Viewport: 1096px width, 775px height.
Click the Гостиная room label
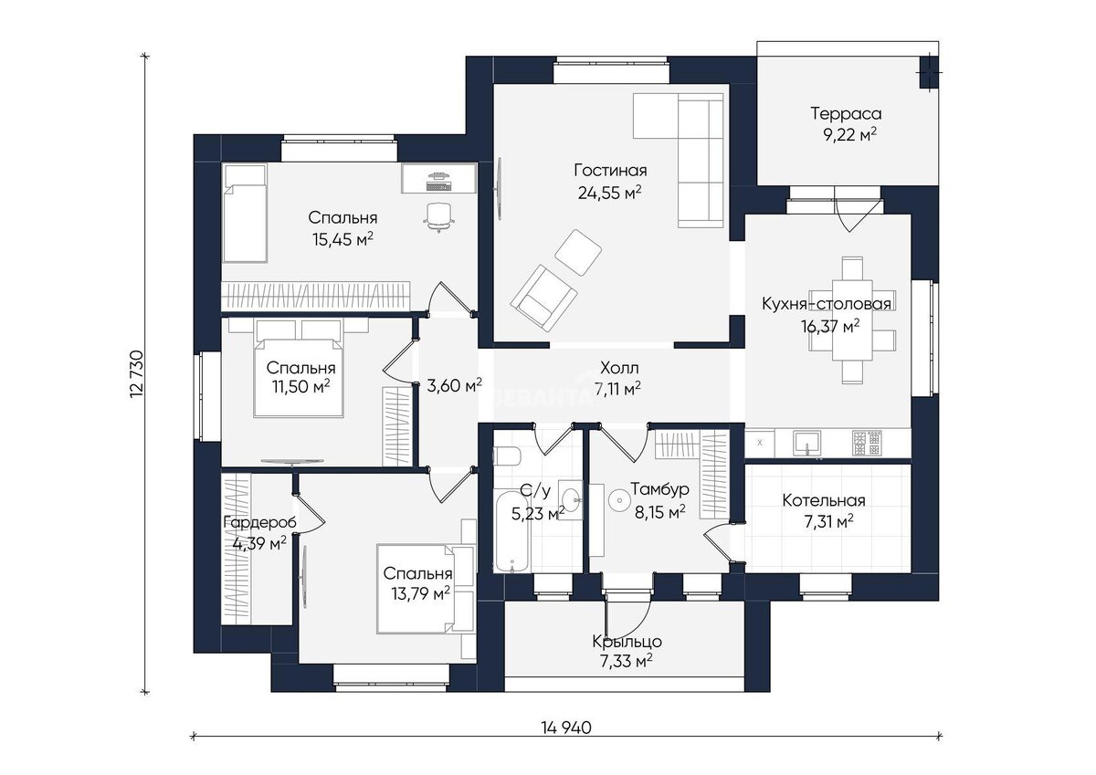[x=610, y=171]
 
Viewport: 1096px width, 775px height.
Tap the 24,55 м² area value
[x=610, y=193]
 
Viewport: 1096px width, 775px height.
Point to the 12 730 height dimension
[x=137, y=373]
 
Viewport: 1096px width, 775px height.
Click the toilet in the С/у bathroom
[x=506, y=456]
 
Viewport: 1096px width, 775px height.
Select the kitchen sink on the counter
[x=806, y=443]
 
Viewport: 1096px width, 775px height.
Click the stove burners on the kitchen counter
[x=867, y=443]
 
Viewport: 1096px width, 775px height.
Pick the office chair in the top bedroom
[x=438, y=217]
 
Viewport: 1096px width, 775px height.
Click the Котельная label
[x=824, y=500]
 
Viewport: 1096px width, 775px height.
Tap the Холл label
[x=619, y=367]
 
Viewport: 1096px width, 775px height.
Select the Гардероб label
[x=259, y=523]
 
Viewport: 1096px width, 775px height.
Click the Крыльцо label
[x=627, y=641]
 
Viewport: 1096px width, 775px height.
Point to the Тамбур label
[x=659, y=488]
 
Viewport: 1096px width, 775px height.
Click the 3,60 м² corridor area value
[x=455, y=385]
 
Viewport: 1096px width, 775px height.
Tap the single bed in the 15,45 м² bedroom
[x=245, y=214]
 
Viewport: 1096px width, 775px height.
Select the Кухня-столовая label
[x=827, y=304]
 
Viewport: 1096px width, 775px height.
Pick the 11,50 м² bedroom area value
[x=301, y=387]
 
